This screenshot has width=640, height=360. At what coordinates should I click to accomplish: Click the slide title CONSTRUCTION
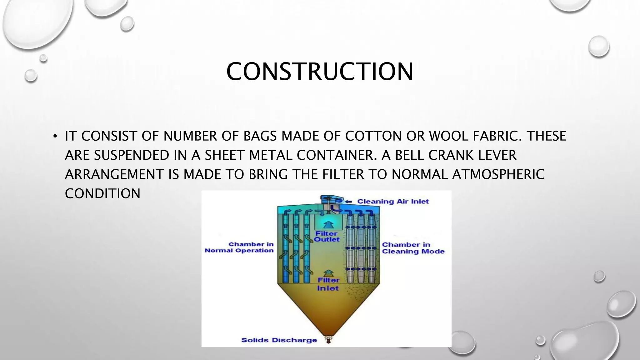click(x=320, y=72)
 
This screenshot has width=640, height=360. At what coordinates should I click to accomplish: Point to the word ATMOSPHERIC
click(x=498, y=174)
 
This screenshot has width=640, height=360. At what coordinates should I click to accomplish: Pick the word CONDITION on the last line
click(x=102, y=194)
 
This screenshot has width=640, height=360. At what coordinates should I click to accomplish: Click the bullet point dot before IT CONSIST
click(x=55, y=136)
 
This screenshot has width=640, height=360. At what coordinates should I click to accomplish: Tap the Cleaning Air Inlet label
click(x=393, y=202)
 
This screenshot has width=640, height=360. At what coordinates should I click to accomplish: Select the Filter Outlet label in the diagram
click(x=327, y=237)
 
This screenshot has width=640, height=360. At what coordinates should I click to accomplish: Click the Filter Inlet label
click(x=328, y=284)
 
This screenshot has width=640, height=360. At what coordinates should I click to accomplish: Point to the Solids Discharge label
click(x=279, y=340)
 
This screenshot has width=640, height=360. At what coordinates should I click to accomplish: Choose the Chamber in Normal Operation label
click(x=239, y=247)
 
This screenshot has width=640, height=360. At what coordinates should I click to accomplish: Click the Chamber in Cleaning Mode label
click(x=413, y=248)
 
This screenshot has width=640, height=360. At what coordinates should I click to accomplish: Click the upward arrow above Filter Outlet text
click(x=327, y=224)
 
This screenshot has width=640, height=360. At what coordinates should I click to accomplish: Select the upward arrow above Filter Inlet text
click(x=327, y=273)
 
